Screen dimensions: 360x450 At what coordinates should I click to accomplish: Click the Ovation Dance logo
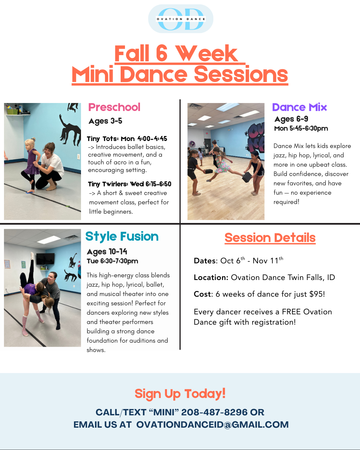[181, 19]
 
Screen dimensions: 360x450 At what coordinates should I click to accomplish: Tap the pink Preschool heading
[114, 107]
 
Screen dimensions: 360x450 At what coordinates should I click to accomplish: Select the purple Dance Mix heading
[299, 107]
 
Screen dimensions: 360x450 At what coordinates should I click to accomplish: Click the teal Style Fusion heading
[122, 237]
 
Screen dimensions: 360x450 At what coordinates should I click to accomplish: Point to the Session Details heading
[270, 238]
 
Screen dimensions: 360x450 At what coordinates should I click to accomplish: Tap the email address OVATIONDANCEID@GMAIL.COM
[213, 425]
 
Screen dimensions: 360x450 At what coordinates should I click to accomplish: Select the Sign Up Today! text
[180, 394]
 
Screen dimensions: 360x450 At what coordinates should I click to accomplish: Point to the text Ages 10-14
[107, 252]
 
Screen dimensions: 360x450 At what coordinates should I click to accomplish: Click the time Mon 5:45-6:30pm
[301, 128]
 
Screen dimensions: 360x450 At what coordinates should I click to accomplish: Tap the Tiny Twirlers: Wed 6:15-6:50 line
[130, 184]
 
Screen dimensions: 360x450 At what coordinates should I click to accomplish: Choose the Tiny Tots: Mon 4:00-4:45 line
[127, 139]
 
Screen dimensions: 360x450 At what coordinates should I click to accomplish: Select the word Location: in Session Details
[211, 277]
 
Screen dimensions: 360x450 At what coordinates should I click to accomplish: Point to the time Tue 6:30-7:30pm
[113, 261]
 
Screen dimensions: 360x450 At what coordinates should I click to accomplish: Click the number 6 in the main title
[162, 53]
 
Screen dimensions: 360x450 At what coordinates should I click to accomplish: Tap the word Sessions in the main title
[241, 74]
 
